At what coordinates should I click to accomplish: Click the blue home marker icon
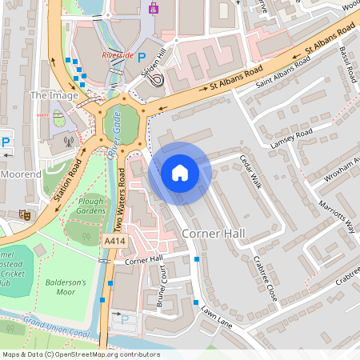[x=180, y=173]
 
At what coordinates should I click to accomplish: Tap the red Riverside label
[x=118, y=55]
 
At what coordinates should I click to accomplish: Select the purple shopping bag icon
[x=154, y=9]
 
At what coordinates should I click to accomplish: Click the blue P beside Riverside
[x=142, y=58]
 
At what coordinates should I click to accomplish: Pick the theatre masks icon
[x=26, y=214]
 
